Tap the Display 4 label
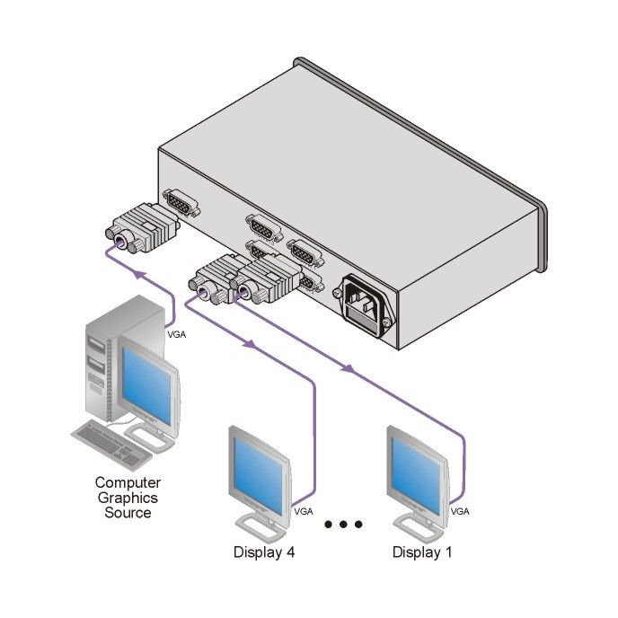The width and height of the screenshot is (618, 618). click(264, 552)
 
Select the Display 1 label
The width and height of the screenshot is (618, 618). click(422, 552)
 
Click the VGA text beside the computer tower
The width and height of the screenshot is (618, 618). click(179, 334)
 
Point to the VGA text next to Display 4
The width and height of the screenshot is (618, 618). click(304, 512)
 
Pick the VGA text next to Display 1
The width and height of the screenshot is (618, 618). click(460, 511)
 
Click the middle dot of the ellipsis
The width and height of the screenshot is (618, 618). click(344, 525)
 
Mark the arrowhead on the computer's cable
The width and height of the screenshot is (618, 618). click(137, 269)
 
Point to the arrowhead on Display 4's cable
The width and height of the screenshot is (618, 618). click(250, 343)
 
